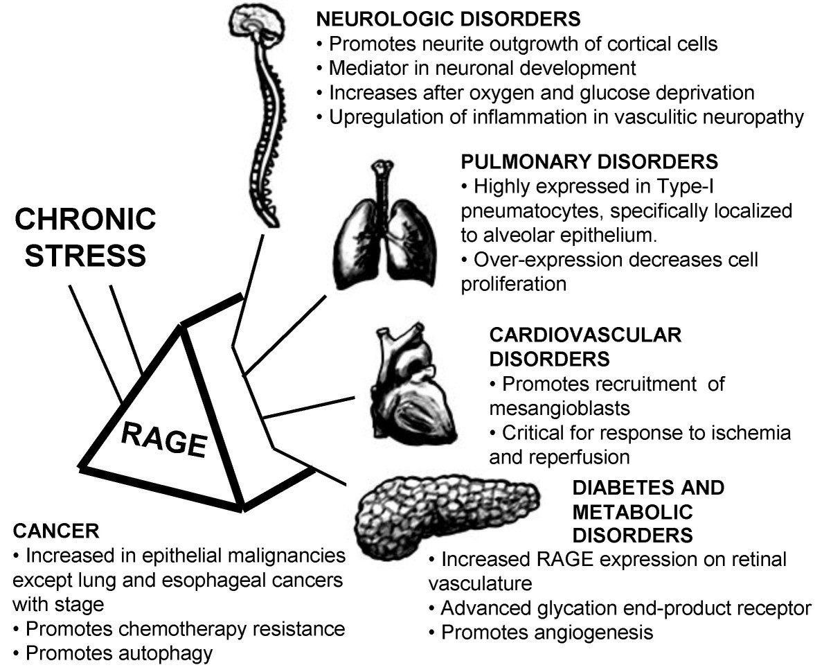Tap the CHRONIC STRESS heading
85,238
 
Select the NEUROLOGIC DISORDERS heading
447,19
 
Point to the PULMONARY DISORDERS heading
589,162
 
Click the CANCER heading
56,531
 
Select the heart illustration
411,387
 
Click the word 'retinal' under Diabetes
752,558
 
